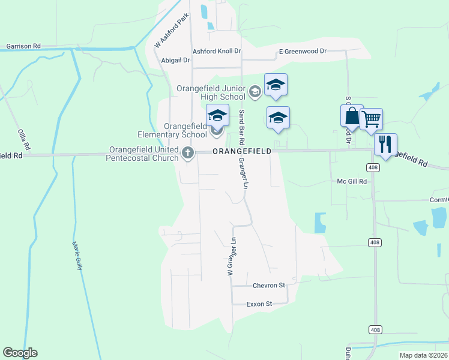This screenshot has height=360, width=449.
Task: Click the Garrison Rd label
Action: click(23, 46)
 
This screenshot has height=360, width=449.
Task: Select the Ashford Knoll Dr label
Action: click(216, 52)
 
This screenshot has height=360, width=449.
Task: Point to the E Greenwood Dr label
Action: click(303, 52)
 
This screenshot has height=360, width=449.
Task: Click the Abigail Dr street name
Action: click(176, 61)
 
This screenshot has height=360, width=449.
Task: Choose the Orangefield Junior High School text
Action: click(211, 92)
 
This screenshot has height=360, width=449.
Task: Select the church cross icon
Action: click(188, 154)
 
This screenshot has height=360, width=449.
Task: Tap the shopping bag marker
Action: click(352, 116)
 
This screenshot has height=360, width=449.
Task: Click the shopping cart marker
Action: click(371, 119)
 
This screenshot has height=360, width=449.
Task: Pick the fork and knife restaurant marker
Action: click(385, 145)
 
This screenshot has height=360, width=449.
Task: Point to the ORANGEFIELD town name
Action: click(241, 152)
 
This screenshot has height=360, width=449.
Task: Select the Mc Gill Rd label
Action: click(352, 181)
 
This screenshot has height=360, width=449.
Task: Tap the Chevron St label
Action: click(268, 286)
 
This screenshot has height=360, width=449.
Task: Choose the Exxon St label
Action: click(259, 304)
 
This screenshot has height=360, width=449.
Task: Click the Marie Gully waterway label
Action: click(76, 256)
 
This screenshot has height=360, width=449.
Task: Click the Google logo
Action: click(20, 353)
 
